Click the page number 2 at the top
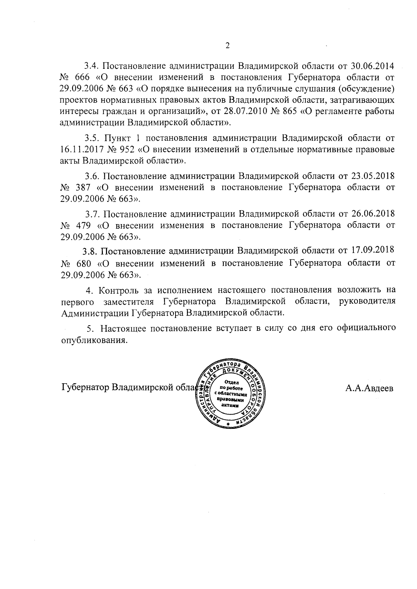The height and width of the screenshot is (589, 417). (x=228, y=46)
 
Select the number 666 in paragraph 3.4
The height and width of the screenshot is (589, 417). (x=82, y=77)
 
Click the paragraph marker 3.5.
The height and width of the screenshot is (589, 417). (x=92, y=138)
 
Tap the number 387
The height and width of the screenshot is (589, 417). (x=82, y=188)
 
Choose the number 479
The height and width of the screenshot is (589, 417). (x=82, y=226)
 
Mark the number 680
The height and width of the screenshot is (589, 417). (x=82, y=263)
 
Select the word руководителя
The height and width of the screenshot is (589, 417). (x=367, y=301)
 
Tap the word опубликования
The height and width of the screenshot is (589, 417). (x=93, y=340)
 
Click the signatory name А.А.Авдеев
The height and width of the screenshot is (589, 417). (x=369, y=388)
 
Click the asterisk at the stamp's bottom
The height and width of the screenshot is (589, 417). (x=228, y=425)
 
